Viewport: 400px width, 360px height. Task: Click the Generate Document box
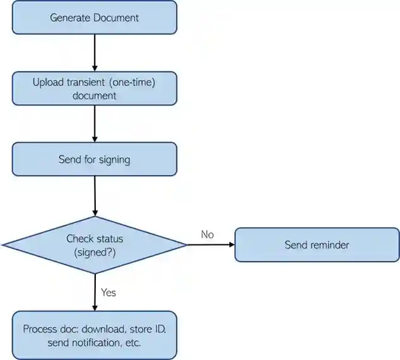95,17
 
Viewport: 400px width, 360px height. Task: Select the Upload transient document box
95,88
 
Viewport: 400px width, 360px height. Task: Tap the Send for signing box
95,159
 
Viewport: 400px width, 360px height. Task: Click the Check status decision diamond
95,244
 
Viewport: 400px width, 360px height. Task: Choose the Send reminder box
317,244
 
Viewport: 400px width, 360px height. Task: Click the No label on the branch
208,234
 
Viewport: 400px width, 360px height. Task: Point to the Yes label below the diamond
109,292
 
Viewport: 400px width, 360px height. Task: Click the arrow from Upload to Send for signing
95,123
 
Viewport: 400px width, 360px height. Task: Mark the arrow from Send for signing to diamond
95,196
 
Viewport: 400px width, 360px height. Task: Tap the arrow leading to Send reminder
211,244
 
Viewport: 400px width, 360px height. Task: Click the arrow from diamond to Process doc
95,292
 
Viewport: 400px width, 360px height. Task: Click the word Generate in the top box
70,17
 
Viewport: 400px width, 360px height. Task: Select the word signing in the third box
114,159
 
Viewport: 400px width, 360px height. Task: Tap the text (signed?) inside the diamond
95,251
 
